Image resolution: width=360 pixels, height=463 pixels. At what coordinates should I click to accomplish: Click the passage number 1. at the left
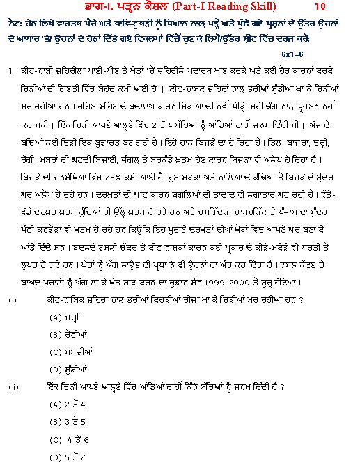coord(12,70)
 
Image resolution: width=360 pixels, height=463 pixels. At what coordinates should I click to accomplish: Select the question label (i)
coord(13,299)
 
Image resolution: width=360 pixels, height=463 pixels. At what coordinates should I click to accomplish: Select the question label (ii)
coord(13,386)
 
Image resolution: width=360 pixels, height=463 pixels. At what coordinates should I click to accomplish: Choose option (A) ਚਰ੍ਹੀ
coord(67,317)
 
